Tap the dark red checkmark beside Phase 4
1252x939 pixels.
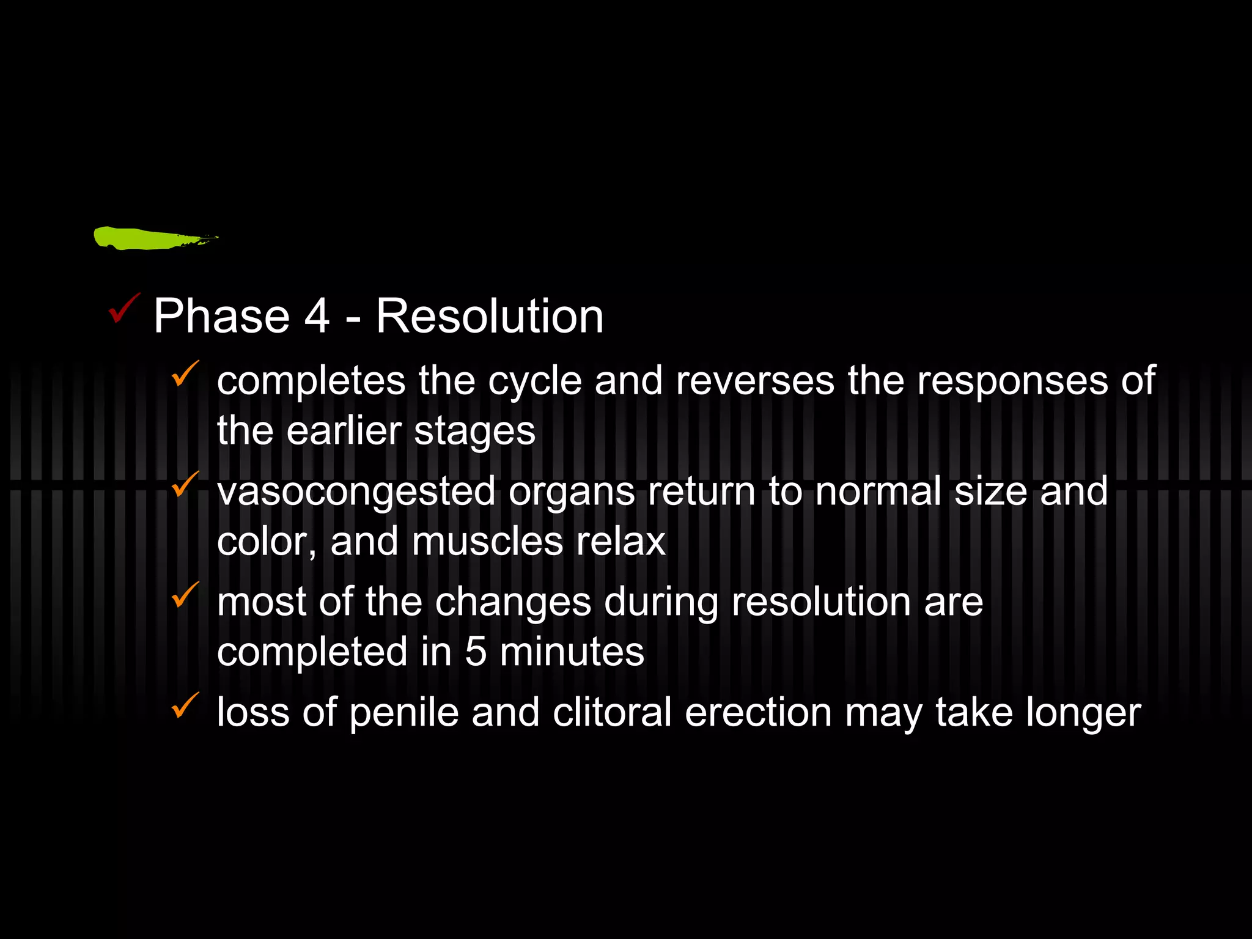tap(123, 308)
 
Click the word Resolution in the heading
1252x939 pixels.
tap(490, 316)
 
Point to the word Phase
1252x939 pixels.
tap(221, 316)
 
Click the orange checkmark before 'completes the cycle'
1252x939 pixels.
tap(185, 374)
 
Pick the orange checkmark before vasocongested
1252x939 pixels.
tap(185, 484)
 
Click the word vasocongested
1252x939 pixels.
tap(356, 492)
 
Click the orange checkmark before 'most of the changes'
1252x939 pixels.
tap(185, 595)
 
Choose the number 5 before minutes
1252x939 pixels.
tap(476, 652)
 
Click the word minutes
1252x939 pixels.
tap(572, 652)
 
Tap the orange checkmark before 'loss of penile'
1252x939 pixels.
tap(185, 705)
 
